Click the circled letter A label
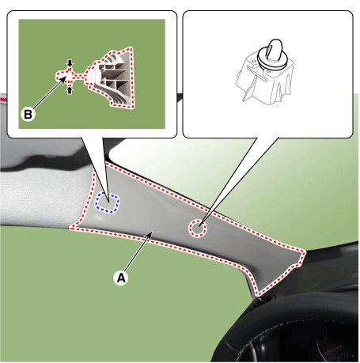point(121,278)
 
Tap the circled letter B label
point(28,115)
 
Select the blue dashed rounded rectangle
point(107,202)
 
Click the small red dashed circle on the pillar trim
point(197,229)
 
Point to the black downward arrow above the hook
point(70,63)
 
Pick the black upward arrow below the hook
point(70,90)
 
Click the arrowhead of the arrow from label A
point(150,233)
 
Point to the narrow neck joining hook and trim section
point(79,77)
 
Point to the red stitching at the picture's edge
point(3,100)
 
